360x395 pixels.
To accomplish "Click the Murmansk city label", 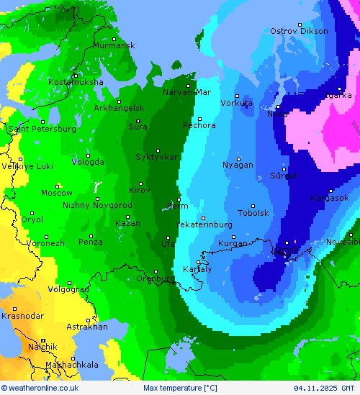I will (114, 45).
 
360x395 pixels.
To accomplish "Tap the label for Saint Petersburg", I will (42, 129).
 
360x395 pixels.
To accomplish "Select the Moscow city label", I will (56, 193).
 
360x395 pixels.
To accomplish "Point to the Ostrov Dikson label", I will (299, 31).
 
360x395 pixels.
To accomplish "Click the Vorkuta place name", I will (236, 103).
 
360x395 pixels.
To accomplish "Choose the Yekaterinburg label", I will (204, 224).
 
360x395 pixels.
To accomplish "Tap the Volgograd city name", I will (68, 289).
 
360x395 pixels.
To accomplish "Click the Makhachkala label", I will (71, 365).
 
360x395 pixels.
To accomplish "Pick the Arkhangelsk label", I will (119, 108).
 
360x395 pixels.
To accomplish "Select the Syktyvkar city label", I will (156, 157).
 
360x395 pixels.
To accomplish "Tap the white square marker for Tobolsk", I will (253, 205).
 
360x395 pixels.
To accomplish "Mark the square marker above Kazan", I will (128, 217).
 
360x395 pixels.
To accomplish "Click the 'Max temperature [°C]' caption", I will (180, 389).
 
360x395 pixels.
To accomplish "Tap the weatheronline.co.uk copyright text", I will (40, 389).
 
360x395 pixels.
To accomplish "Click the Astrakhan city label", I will (86, 327).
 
